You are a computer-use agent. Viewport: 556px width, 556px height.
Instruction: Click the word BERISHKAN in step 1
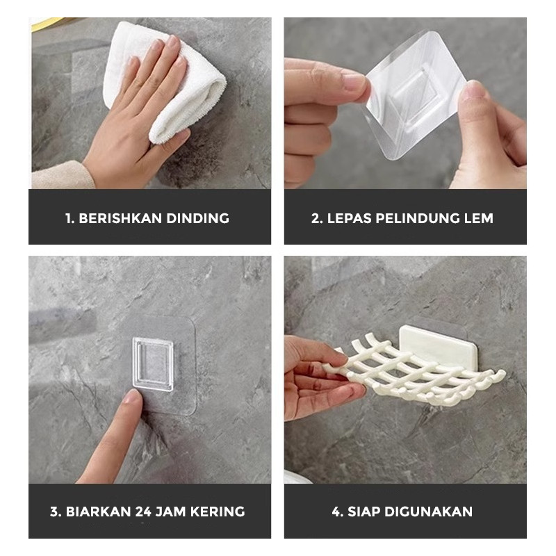(x=120, y=218)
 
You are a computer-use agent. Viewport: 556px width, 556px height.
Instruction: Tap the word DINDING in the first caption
(x=198, y=218)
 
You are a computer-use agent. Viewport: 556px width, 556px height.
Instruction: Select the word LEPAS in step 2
(x=349, y=218)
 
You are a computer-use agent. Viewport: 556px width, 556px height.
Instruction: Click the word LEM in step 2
(x=479, y=218)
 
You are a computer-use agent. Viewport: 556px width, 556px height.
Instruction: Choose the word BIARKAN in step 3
(x=99, y=512)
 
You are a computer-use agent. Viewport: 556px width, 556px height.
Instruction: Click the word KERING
(x=218, y=512)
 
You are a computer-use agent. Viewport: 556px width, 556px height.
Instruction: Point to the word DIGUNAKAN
(x=428, y=512)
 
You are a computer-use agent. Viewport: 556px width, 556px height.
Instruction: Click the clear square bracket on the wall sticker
(x=153, y=364)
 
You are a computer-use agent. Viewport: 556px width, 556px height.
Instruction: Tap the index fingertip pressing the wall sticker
(x=132, y=395)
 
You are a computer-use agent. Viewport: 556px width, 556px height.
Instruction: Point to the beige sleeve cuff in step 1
(x=62, y=175)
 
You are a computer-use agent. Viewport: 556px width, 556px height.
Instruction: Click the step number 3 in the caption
(x=55, y=512)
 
